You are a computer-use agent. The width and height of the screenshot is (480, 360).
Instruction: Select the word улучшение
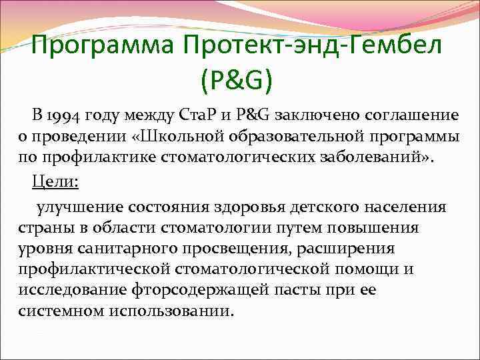pos(79,207)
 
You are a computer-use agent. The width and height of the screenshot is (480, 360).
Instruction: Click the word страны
pos(43,228)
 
